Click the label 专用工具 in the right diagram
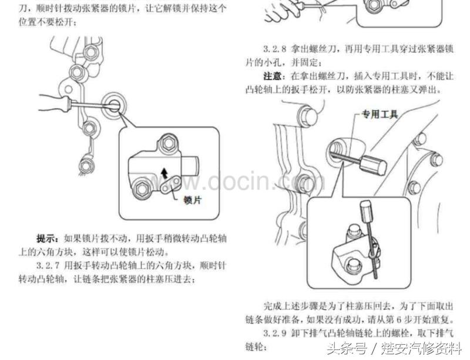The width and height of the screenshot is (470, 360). [x=380, y=115]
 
